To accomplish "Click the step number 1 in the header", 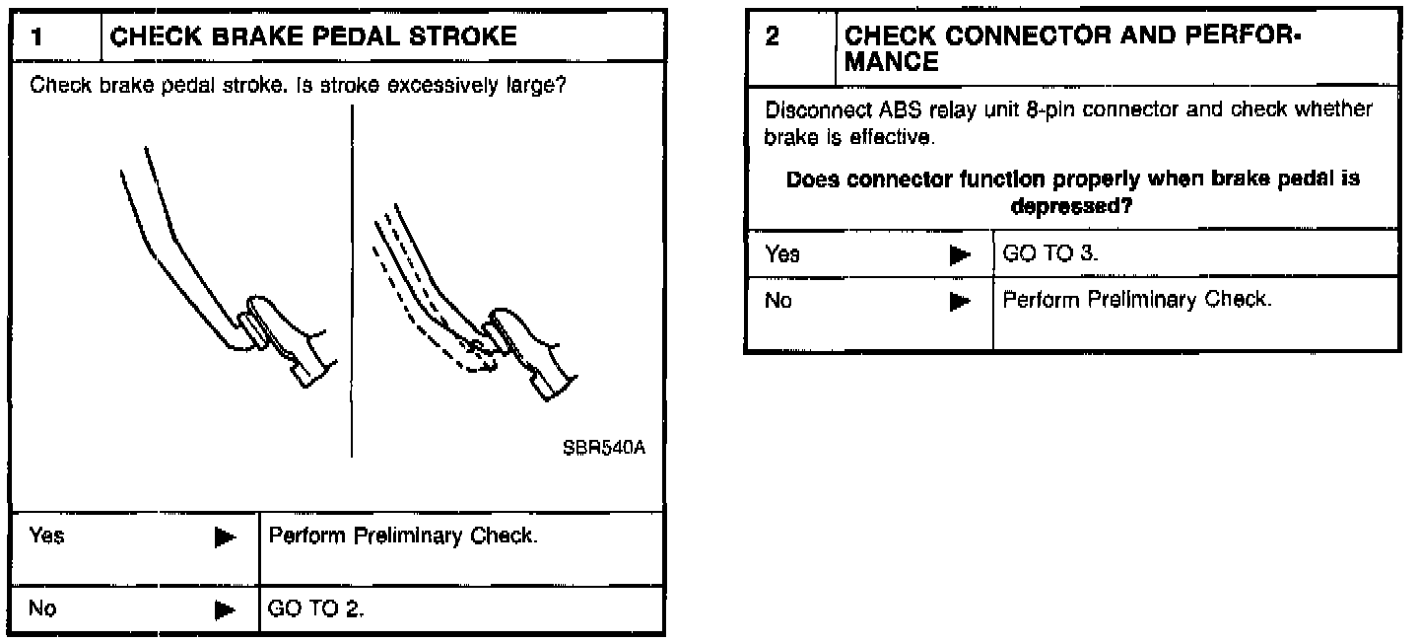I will pos(36,37).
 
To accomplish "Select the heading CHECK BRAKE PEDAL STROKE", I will pos(312,37).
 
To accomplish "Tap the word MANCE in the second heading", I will pos(892,62).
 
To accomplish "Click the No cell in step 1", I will pos(42,608).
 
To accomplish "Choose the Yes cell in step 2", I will pos(782,254).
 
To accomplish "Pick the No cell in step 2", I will pos(778,301).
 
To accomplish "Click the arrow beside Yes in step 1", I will pos(226,537).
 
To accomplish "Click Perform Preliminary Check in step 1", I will pos(402,537).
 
